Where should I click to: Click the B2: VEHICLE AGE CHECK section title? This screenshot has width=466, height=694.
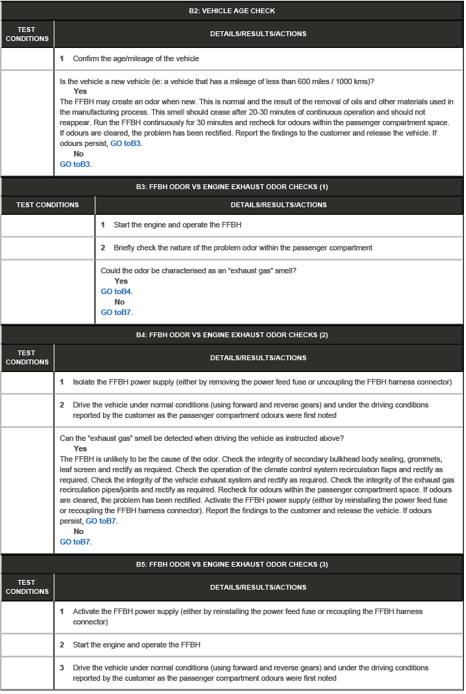[232, 11]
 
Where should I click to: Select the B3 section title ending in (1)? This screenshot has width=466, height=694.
[232, 187]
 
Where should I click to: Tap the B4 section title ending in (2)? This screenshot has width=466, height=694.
[232, 334]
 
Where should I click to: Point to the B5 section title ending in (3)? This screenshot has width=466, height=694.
[232, 564]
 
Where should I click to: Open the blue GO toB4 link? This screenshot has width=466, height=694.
[116, 291]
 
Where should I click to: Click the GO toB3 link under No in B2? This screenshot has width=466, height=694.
[76, 164]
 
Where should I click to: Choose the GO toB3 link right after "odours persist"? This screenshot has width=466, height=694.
[126, 143]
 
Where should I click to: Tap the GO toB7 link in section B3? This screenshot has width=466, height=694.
[116, 312]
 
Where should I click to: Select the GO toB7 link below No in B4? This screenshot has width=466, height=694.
[75, 542]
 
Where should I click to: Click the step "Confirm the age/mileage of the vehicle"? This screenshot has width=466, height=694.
[136, 58]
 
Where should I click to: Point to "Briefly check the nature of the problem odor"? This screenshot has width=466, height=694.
[243, 248]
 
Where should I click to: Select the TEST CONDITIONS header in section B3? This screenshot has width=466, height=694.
[47, 205]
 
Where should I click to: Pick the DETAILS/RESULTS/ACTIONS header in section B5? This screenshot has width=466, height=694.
[258, 588]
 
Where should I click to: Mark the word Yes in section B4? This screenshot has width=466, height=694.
[80, 449]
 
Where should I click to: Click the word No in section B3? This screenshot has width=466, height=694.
[120, 302]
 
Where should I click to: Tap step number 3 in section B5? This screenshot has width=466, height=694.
[62, 668]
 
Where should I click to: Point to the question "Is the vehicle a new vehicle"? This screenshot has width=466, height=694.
[217, 81]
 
